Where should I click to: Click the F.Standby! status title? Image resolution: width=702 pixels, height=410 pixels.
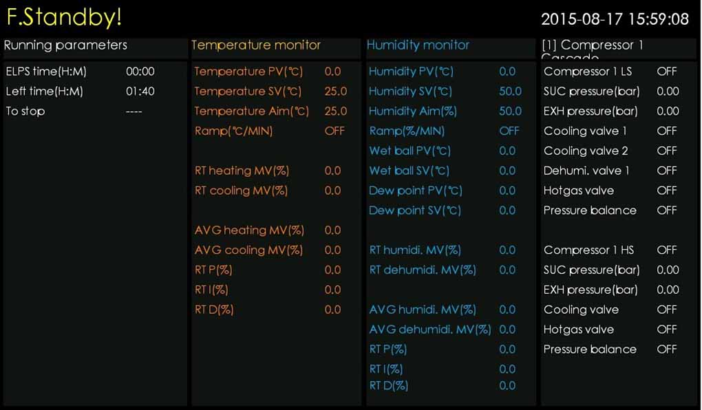click(x=64, y=18)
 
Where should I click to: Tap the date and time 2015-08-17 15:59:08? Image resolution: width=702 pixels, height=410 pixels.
click(x=615, y=19)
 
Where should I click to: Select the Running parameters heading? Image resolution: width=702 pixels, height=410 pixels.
click(x=65, y=45)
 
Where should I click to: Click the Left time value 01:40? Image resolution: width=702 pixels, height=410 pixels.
click(x=140, y=91)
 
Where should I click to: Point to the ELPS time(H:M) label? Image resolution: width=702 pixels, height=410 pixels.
click(x=46, y=72)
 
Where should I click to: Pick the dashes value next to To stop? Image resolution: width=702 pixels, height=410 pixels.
click(x=134, y=111)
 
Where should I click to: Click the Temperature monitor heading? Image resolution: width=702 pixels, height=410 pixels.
click(x=256, y=45)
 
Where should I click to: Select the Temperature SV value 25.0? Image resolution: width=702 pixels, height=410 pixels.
click(x=335, y=91)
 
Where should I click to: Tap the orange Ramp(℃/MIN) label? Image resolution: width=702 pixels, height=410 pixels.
click(x=233, y=131)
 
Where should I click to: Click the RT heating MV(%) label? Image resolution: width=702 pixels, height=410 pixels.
click(x=241, y=171)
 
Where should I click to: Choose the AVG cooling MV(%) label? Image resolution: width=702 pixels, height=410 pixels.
click(x=248, y=250)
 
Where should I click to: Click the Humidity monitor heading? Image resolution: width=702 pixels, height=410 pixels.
click(x=418, y=45)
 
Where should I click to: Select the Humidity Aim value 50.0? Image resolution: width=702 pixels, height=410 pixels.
click(x=510, y=111)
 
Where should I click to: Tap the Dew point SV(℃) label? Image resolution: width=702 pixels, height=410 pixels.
click(x=415, y=211)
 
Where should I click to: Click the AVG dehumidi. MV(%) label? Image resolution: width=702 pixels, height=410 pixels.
click(x=430, y=330)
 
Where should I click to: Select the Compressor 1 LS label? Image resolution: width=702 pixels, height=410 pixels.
click(x=588, y=72)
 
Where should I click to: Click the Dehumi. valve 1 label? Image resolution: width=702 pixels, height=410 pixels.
click(x=586, y=171)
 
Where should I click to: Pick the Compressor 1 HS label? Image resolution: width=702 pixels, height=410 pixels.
click(x=588, y=250)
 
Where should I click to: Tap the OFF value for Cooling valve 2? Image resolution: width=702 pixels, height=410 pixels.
click(x=666, y=151)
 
